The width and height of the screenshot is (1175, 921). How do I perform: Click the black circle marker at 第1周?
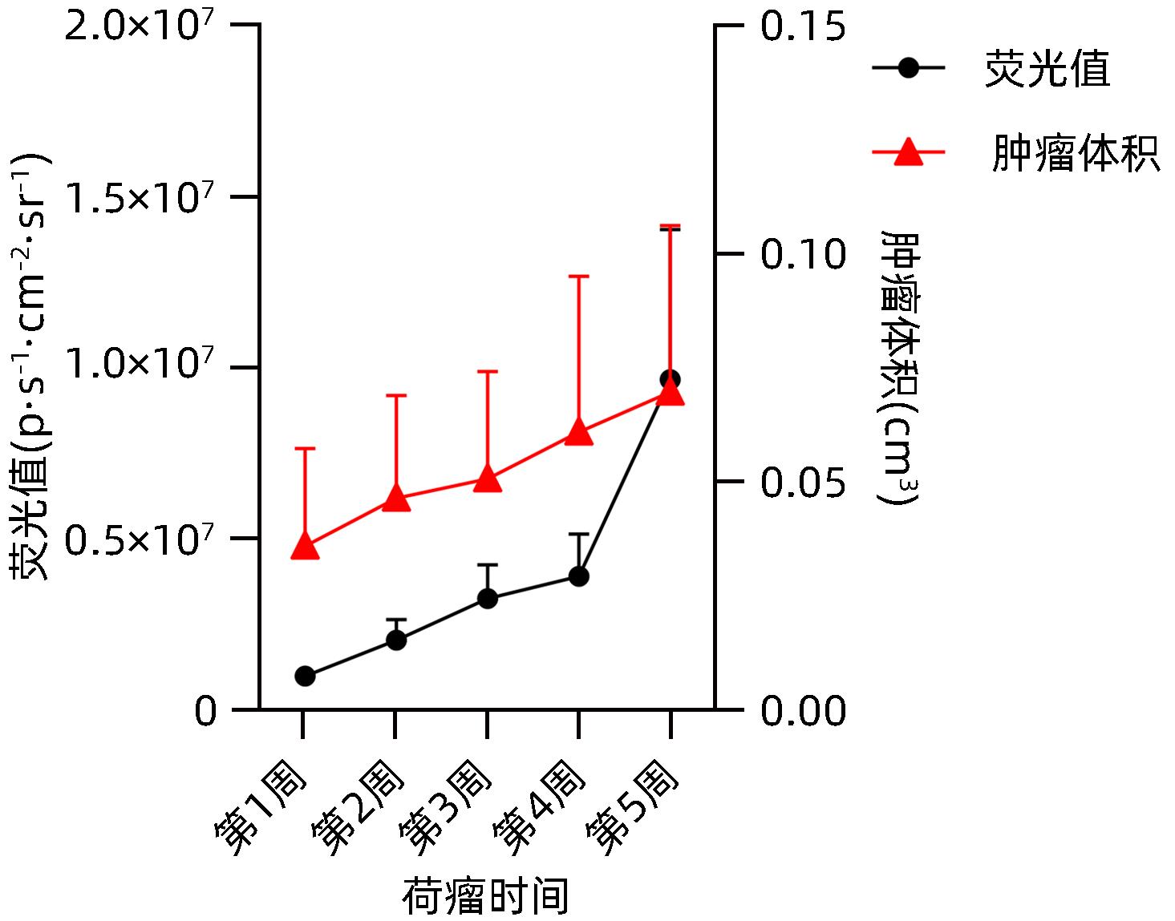click(305, 676)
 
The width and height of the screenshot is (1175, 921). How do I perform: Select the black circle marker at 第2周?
click(396, 640)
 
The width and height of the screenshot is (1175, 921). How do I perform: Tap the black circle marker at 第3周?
click(488, 598)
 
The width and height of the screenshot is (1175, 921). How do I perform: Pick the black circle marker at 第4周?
click(579, 576)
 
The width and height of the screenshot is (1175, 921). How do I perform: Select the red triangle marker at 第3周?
click(488, 479)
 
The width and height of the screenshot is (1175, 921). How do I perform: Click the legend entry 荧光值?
click(1047, 69)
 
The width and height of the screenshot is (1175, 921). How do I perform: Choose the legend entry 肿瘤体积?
click(1075, 153)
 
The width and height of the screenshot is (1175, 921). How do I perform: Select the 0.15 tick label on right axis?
click(803, 26)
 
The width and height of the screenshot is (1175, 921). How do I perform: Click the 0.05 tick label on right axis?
click(803, 483)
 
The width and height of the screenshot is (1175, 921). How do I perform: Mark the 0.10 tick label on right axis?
click(803, 254)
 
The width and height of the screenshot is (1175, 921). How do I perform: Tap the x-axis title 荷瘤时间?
click(485, 896)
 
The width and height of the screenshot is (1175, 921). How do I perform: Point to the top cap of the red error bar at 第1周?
click(305, 448)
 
